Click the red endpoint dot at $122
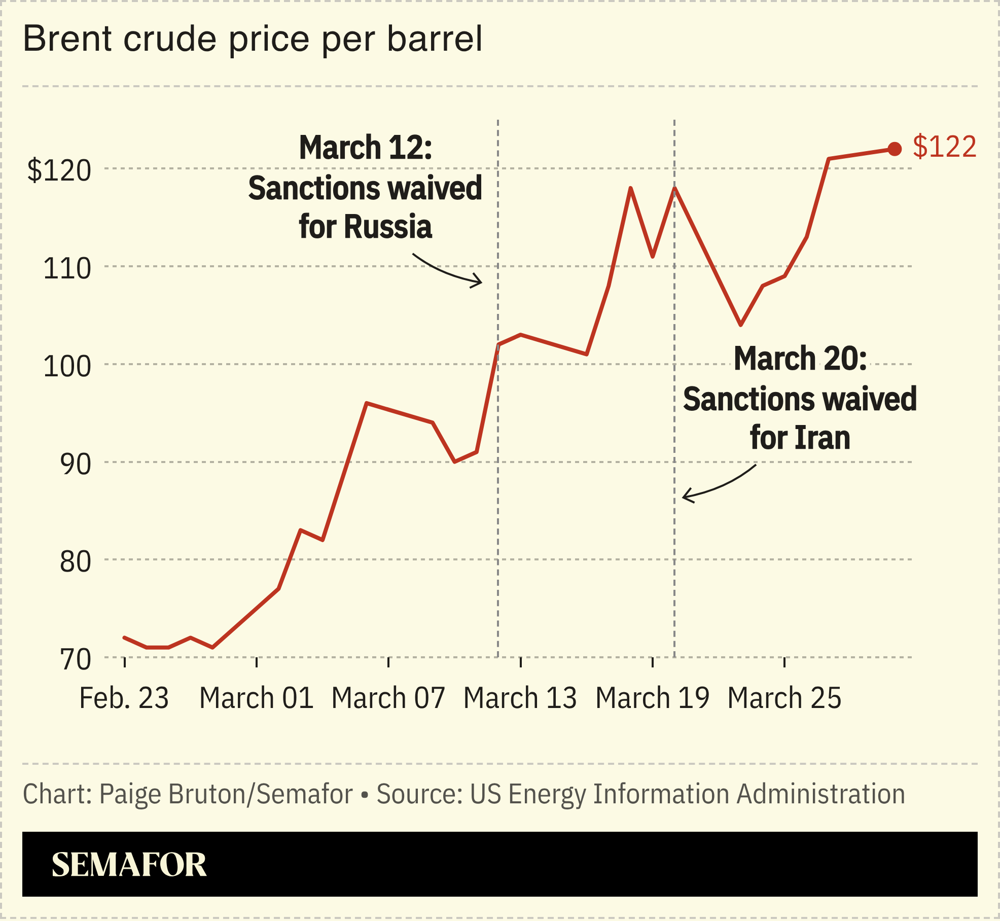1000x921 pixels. (x=895, y=149)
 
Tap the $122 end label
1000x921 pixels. (x=944, y=147)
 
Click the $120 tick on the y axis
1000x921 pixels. (x=59, y=170)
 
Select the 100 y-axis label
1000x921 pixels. (x=67, y=366)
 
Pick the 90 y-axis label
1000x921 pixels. (x=75, y=464)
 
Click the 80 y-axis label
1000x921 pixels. (x=75, y=561)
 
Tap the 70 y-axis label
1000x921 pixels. (x=75, y=659)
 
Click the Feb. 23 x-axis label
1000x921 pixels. (x=124, y=698)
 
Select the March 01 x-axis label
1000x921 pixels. (x=256, y=698)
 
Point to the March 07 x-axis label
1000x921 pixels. (x=388, y=698)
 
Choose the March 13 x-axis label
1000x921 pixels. (x=520, y=698)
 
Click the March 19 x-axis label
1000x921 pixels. (x=652, y=698)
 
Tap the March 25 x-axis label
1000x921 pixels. (x=784, y=698)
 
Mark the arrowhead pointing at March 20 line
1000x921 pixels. (x=686, y=495)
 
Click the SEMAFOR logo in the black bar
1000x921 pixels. (x=129, y=865)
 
